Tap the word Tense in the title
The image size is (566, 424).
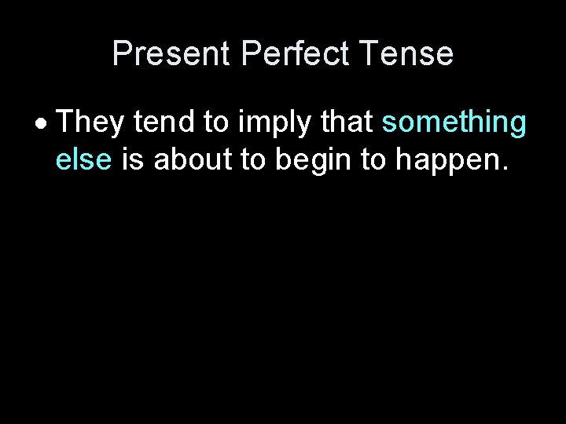pyautogui.click(x=408, y=53)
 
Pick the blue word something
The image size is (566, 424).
pyautogui.click(x=454, y=124)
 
